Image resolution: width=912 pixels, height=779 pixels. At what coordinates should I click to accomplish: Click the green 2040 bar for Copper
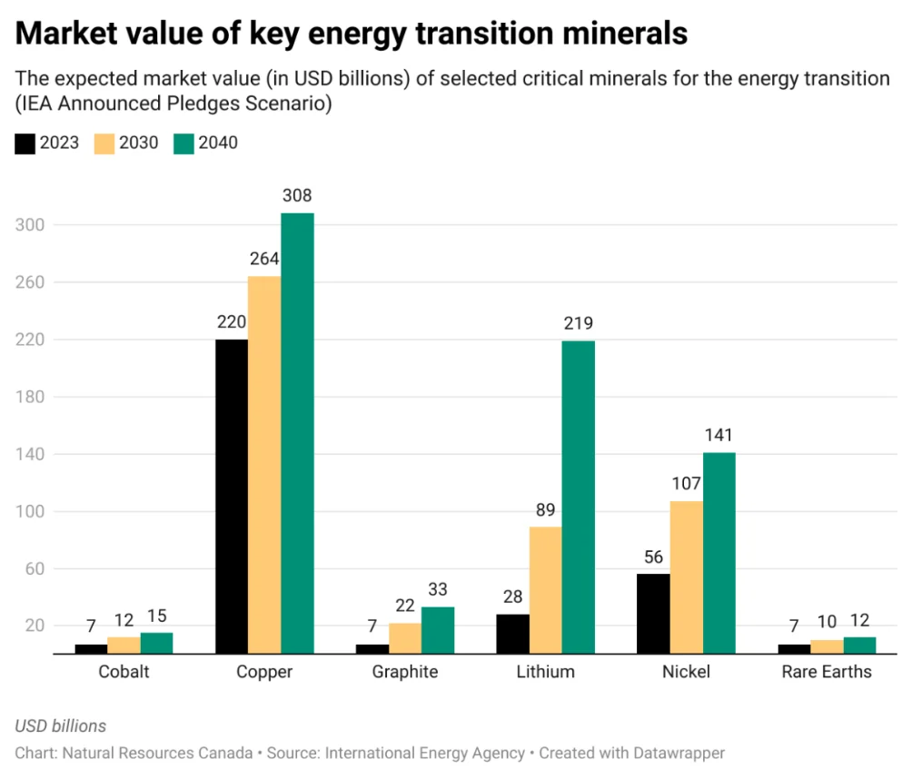click(x=297, y=433)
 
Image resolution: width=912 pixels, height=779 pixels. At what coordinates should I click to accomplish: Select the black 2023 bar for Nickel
click(x=653, y=614)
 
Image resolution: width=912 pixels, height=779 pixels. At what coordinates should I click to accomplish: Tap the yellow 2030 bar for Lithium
click(x=546, y=590)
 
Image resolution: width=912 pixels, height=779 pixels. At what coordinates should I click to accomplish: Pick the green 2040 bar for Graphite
click(x=438, y=630)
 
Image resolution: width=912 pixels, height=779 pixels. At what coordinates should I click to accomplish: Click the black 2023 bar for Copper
click(x=232, y=497)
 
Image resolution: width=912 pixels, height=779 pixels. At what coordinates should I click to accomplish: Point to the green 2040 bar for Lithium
click(x=579, y=497)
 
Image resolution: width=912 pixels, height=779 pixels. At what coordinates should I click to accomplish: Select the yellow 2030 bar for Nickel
click(x=687, y=577)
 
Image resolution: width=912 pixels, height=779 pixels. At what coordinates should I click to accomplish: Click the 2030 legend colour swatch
click(x=104, y=143)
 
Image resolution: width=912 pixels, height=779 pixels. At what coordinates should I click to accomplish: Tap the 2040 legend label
click(x=218, y=143)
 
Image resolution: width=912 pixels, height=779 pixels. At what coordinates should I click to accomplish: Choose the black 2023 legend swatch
click(x=25, y=143)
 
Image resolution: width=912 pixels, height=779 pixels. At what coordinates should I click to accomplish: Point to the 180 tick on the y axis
click(x=30, y=397)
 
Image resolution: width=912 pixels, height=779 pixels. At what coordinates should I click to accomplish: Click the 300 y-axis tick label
click(x=30, y=225)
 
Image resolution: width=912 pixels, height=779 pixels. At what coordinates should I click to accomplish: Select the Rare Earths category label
click(x=827, y=672)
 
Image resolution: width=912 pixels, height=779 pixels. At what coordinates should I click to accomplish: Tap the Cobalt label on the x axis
click(x=124, y=672)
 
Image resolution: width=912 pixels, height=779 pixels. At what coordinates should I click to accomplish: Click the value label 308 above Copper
click(x=297, y=195)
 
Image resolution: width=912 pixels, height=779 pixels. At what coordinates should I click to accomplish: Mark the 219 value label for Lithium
click(x=578, y=323)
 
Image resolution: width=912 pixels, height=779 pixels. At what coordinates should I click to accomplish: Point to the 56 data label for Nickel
click(x=653, y=557)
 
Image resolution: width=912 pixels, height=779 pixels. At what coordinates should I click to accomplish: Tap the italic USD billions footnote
click(x=61, y=726)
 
